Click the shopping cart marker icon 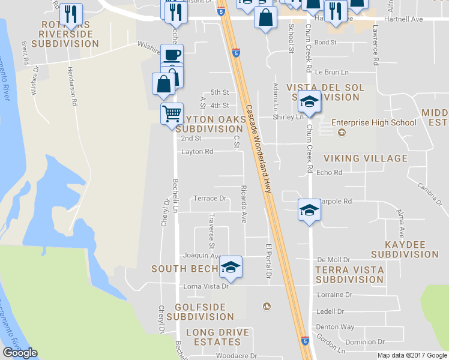(x=172, y=113)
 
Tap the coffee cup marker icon (x=172, y=54)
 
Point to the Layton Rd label (x=197, y=152)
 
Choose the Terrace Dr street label (x=209, y=199)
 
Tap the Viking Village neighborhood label (x=366, y=158)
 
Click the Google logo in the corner (x=20, y=353)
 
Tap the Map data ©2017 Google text (x=412, y=355)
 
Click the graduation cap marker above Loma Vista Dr (x=230, y=266)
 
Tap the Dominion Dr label (x=364, y=342)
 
